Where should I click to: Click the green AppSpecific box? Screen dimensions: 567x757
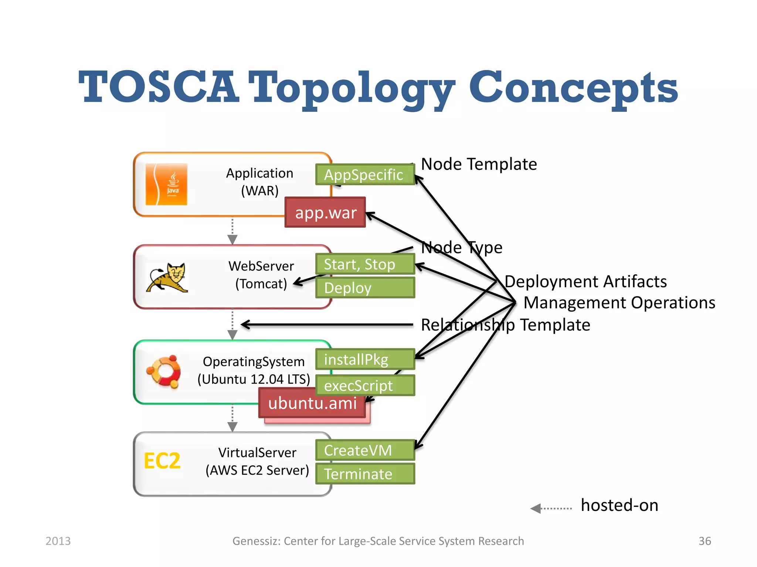click(x=365, y=175)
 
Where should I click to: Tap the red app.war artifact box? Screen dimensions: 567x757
click(x=325, y=213)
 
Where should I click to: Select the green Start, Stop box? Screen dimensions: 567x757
click(x=365, y=264)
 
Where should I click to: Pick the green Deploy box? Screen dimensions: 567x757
click(x=365, y=288)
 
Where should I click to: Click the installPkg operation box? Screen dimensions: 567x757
click(x=365, y=359)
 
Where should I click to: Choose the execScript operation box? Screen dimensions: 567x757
click(x=365, y=385)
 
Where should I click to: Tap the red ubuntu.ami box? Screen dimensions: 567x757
click(x=312, y=403)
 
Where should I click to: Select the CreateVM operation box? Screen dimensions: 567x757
click(x=365, y=450)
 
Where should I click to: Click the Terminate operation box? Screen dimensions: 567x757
click(x=365, y=474)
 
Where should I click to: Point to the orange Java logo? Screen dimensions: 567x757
click(x=166, y=185)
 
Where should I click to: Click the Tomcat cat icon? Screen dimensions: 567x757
click(x=167, y=278)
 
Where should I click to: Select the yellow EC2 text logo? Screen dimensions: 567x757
click(x=162, y=461)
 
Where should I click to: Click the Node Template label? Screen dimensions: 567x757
click(x=479, y=164)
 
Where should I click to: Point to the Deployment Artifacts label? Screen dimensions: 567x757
click(x=585, y=282)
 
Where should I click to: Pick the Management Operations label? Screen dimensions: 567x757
click(x=619, y=303)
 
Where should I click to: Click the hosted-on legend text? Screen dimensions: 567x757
click(x=619, y=505)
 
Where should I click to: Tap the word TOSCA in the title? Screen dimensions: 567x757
click(x=159, y=88)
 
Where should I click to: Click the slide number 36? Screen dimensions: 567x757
click(x=705, y=541)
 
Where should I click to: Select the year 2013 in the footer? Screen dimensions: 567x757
click(x=58, y=541)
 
